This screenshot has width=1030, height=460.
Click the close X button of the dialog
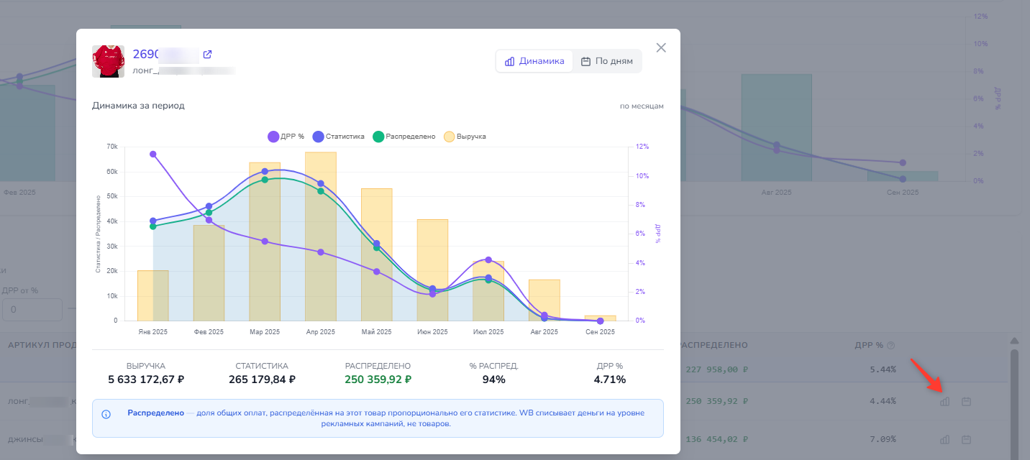coord(661,47)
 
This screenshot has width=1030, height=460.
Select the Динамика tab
coord(534,61)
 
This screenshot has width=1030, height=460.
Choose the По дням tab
coord(606,61)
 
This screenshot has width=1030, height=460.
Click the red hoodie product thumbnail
coord(109,61)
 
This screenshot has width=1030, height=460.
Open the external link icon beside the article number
coord(208,55)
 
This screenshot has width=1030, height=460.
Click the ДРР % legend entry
coord(286,137)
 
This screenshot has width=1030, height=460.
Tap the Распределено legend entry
coord(404,137)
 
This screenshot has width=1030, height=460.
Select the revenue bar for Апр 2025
coord(321,237)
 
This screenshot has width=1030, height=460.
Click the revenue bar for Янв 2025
coord(152,295)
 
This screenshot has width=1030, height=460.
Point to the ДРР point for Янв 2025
coord(153,154)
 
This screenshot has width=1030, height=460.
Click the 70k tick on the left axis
coord(111,147)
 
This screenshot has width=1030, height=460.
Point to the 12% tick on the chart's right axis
coord(642,147)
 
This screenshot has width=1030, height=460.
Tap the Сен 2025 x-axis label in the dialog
coord(600,332)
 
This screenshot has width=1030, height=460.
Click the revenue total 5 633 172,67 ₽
coord(146,379)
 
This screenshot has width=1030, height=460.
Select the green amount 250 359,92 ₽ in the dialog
coord(378,379)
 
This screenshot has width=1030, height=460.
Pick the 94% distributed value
coord(493,379)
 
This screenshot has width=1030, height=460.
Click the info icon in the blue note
coord(106,414)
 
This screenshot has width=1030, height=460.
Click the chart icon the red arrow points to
coord(945,401)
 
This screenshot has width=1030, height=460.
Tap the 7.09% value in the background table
coord(883,439)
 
